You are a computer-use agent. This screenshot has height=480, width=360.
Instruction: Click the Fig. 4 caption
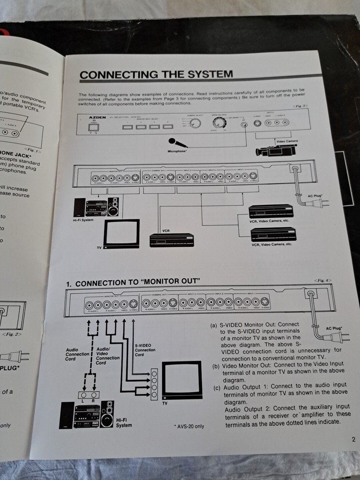(322, 280)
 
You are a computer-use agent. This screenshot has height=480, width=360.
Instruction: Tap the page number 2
(353, 438)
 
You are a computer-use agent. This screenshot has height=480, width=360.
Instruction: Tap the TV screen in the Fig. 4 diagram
(181, 379)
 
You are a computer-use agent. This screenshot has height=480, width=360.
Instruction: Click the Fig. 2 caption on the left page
(11, 333)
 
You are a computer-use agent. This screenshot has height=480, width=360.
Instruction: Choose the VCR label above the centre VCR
(166, 230)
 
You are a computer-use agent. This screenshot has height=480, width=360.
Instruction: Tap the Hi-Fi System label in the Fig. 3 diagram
(80, 219)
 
